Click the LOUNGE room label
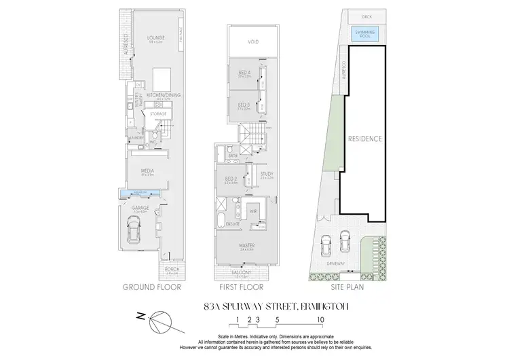click(x=155, y=37)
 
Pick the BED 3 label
click(x=244, y=105)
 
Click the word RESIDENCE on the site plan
click(x=365, y=139)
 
